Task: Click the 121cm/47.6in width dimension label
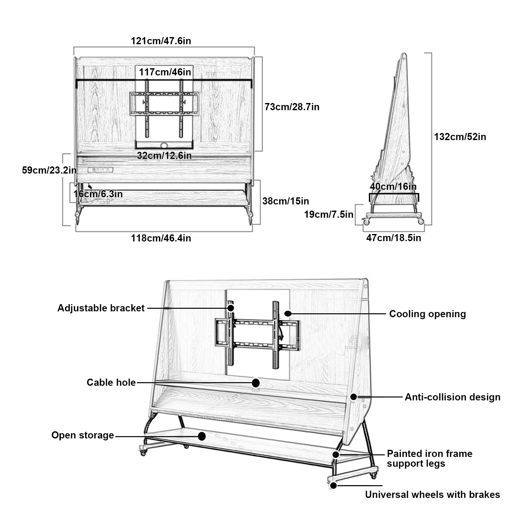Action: pyautogui.click(x=161, y=41)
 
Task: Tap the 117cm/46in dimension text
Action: pyautogui.click(x=165, y=72)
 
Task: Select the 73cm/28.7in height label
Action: pyautogui.click(x=292, y=107)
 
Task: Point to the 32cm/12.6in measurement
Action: pyautogui.click(x=164, y=156)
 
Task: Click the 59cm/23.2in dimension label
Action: pyautogui.click(x=49, y=170)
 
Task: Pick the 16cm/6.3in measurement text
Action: pyautogui.click(x=98, y=194)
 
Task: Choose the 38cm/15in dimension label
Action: pyautogui.click(x=286, y=201)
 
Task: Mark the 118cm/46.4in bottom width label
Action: pyautogui.click(x=161, y=238)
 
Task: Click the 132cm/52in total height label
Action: pyautogui.click(x=460, y=137)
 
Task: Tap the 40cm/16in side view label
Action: pyautogui.click(x=393, y=187)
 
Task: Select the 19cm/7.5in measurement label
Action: pyautogui.click(x=329, y=214)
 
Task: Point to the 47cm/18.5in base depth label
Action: pyautogui.click(x=394, y=238)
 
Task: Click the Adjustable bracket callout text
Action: pyautogui.click(x=101, y=308)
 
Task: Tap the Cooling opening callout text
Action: pyautogui.click(x=427, y=314)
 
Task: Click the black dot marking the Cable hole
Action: pyautogui.click(x=256, y=383)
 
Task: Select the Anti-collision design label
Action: pyautogui.click(x=452, y=397)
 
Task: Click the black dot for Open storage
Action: pyautogui.click(x=202, y=436)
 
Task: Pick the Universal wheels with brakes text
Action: pyautogui.click(x=433, y=495)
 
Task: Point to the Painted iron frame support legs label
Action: pyautogui.click(x=430, y=459)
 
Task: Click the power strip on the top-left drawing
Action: pyautogui.click(x=100, y=170)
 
